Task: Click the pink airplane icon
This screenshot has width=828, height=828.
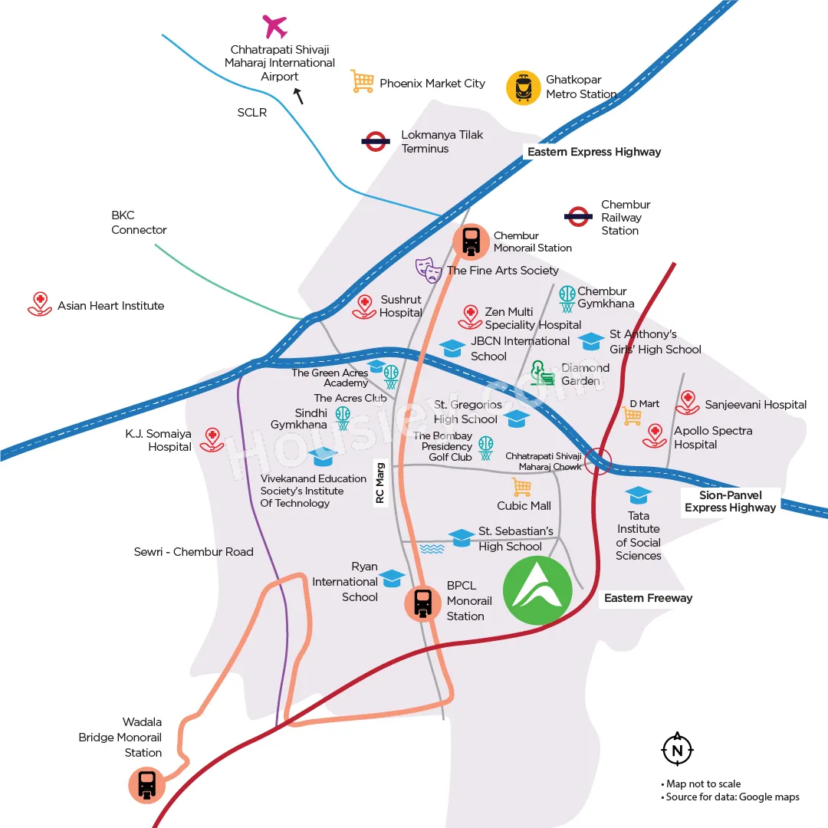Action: [x=275, y=26]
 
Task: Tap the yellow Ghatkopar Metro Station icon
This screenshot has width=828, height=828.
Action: [x=524, y=87]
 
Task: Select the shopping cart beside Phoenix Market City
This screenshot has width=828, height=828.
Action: [x=362, y=82]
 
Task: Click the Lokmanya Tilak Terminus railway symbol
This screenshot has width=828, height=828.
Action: [x=376, y=142]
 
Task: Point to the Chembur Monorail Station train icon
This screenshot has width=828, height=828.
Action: [x=471, y=242]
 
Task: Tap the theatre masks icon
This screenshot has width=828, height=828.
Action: [x=429, y=270]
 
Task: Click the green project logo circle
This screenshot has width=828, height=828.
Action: [x=537, y=590]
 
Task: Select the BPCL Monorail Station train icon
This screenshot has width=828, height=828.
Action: [x=423, y=603]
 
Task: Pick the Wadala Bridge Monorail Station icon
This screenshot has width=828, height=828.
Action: [x=146, y=785]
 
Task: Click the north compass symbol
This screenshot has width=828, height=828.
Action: [x=677, y=749]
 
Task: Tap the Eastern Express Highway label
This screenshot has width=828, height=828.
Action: [x=594, y=152]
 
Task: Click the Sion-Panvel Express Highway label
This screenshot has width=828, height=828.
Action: [x=731, y=501]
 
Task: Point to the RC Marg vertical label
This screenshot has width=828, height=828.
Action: [x=379, y=483]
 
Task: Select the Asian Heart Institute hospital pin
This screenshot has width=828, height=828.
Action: [x=40, y=304]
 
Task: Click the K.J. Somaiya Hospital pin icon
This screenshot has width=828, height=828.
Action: [x=212, y=440]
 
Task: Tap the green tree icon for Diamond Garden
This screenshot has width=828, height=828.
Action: [x=542, y=373]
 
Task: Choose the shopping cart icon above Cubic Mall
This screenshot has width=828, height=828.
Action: [x=522, y=487]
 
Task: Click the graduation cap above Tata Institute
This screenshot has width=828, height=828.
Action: [x=639, y=495]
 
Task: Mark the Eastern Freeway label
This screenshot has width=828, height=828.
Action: [x=648, y=598]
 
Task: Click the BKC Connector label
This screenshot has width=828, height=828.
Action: [x=139, y=222]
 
